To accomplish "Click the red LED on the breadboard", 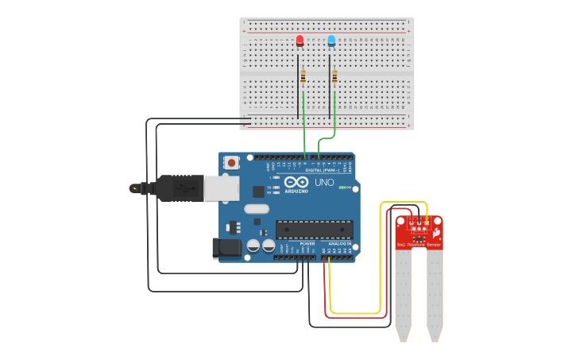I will [300, 41].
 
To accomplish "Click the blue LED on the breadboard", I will [331, 41].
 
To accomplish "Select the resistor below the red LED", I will [303, 76].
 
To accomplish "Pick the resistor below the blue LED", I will [334, 76].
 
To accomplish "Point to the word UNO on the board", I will [325, 183].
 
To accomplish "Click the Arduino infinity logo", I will [296, 182].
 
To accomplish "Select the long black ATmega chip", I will [314, 230].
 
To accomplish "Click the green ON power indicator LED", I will [342, 188].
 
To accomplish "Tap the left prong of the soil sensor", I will [404, 294].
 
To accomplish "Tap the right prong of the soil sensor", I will [435, 294].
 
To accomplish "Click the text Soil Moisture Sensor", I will [419, 245].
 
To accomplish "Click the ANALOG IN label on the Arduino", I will [339, 244].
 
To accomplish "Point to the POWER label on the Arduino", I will [296, 244].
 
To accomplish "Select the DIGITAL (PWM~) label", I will [323, 170].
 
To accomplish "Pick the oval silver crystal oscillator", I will [257, 209].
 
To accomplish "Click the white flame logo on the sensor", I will [436, 232].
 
